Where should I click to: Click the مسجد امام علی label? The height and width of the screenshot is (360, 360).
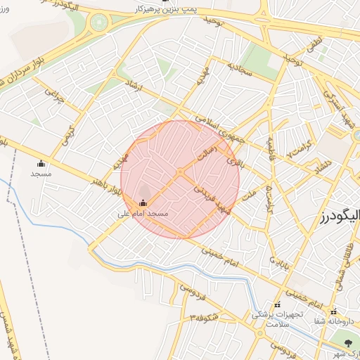(x=143, y=212)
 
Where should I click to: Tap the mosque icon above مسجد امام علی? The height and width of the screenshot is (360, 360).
(x=143, y=203)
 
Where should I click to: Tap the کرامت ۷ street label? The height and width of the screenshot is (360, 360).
(x=300, y=152)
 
